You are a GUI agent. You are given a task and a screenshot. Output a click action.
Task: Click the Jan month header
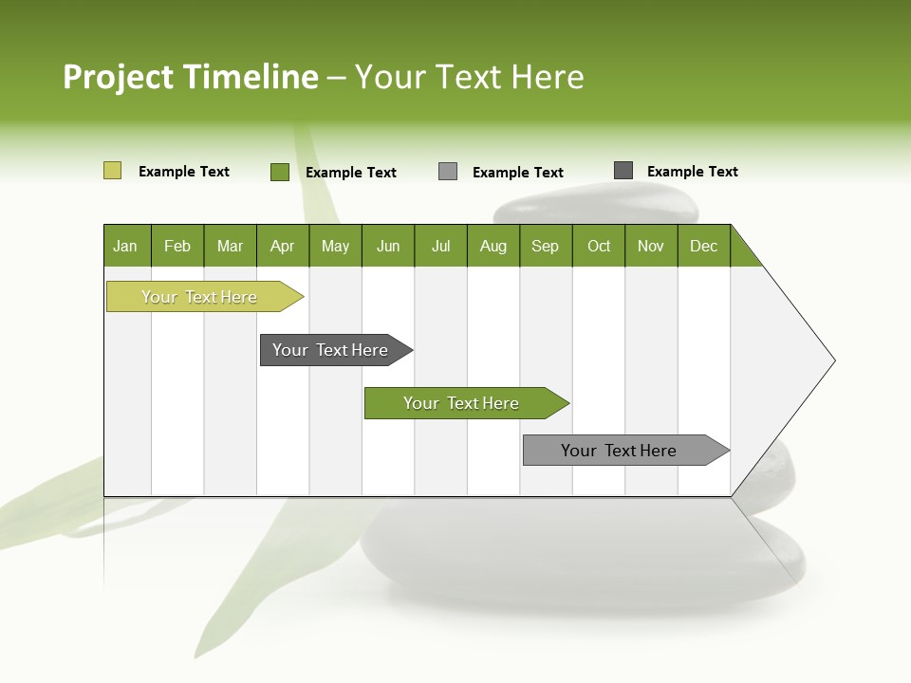tap(126, 246)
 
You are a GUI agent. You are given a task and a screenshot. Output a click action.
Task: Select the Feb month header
tap(177, 246)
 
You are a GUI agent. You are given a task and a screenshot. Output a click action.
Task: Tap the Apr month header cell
tap(283, 246)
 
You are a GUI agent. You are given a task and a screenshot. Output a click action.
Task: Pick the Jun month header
tap(388, 246)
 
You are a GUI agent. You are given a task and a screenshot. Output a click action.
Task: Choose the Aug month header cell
tap(493, 246)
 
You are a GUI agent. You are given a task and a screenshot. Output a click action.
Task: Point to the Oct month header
tap(599, 246)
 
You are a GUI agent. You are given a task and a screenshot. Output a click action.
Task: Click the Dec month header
tap(704, 246)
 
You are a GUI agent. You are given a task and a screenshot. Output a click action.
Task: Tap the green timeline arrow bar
tap(462, 403)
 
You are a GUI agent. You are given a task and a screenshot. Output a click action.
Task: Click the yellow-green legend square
tap(112, 171)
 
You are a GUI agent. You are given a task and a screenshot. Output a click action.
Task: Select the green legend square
tap(280, 172)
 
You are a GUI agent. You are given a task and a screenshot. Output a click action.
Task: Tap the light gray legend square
tap(448, 172)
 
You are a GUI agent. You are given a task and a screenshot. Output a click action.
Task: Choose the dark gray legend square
tap(623, 171)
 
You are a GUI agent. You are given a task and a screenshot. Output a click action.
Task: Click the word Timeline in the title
tap(251, 77)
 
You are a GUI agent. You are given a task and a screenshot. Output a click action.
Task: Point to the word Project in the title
tap(119, 78)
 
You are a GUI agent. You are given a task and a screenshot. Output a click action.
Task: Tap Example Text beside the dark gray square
tap(692, 172)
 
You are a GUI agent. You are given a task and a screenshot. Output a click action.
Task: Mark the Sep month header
tap(546, 246)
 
